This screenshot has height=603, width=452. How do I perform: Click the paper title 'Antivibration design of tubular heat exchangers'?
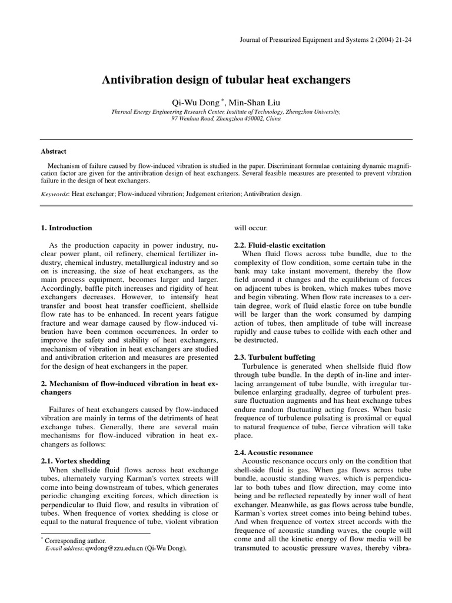pos(226,79)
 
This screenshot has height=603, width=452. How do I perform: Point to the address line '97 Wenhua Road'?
pos(226,118)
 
